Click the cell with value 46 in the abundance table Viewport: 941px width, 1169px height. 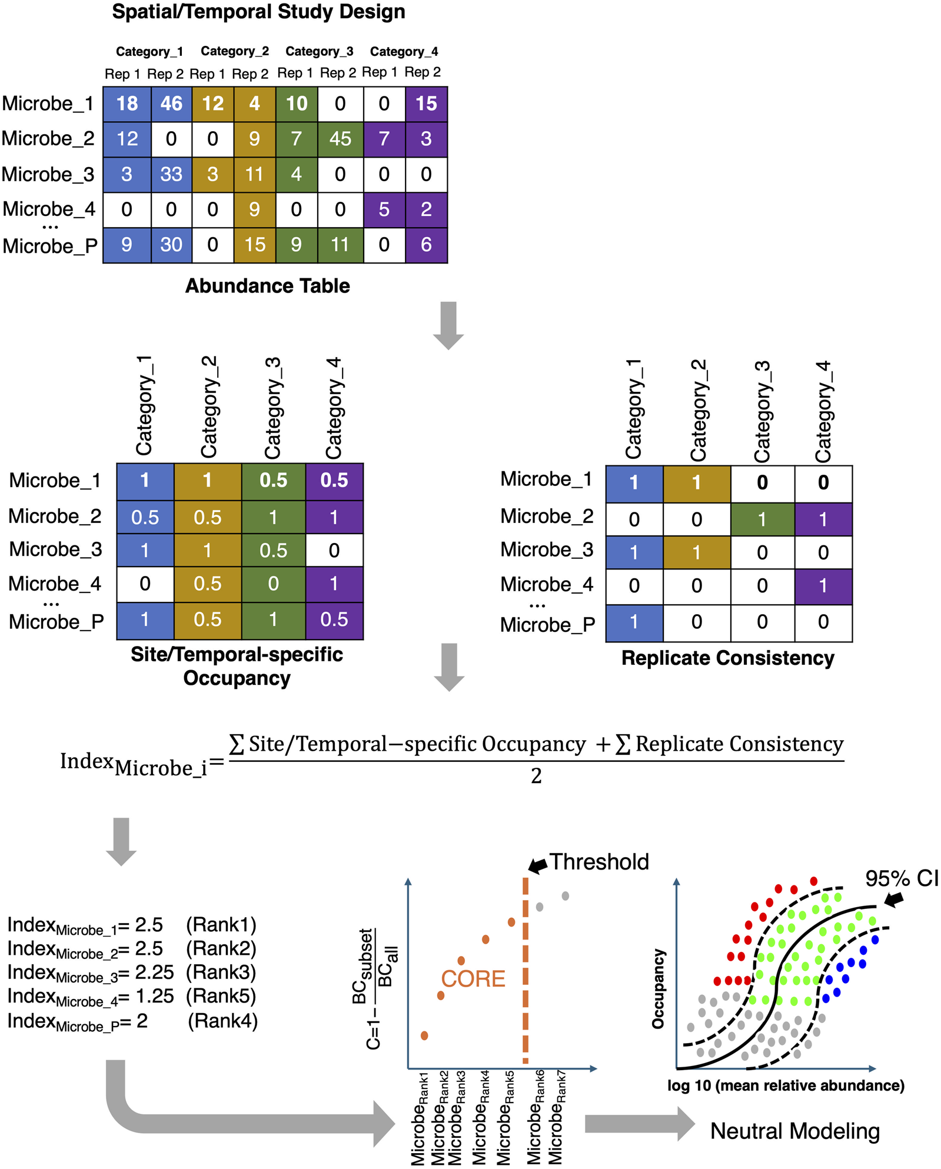[x=171, y=104]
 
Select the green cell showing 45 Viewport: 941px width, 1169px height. [x=340, y=139]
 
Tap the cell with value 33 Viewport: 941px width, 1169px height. [x=171, y=175]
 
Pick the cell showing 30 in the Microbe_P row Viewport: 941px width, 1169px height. [x=171, y=245]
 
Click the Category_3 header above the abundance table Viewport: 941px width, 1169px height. [x=319, y=52]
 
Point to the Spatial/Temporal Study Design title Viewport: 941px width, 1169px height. [x=258, y=12]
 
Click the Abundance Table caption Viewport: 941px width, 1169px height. [x=267, y=286]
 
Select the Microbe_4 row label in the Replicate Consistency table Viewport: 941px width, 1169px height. [x=547, y=585]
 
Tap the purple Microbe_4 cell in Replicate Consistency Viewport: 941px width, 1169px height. [x=823, y=586]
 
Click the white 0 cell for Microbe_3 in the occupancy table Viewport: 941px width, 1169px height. [x=334, y=551]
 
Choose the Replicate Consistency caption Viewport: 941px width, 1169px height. [x=727, y=658]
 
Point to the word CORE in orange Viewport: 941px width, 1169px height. [x=473, y=979]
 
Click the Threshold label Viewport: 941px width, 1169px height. [x=599, y=862]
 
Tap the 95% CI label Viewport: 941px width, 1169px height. [x=901, y=879]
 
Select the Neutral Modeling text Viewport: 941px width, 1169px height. [x=794, y=1131]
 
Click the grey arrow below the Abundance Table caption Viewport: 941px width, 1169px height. [x=448, y=325]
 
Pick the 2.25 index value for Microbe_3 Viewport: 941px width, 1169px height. [x=154, y=972]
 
